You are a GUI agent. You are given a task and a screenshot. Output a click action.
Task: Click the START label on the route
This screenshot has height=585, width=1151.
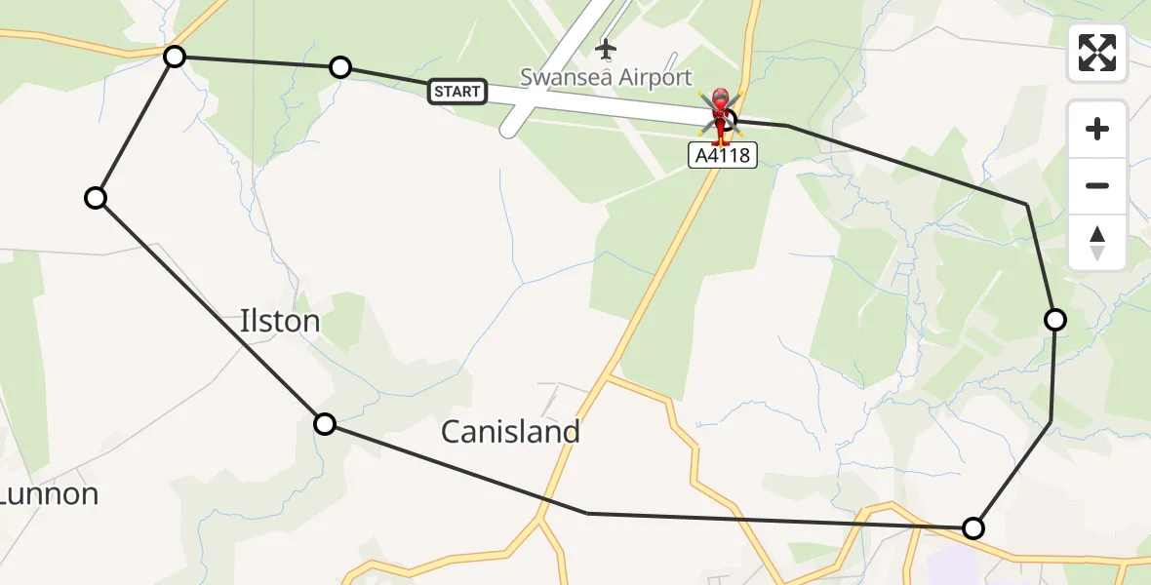(x=457, y=92)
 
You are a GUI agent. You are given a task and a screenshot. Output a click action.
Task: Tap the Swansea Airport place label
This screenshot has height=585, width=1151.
(x=606, y=77)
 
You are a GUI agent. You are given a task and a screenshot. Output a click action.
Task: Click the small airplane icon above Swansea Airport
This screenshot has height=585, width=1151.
(x=607, y=48)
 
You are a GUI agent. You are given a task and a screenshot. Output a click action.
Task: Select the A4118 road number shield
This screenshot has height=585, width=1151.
(x=723, y=154)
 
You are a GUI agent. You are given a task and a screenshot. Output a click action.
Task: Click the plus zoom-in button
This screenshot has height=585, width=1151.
(x=1097, y=129)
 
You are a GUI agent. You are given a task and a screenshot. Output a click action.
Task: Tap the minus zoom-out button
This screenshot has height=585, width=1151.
(x=1097, y=185)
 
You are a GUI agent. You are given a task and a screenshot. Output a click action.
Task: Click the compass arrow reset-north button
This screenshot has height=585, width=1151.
(x=1097, y=242)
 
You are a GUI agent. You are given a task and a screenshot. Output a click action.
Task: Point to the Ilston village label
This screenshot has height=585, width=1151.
(x=280, y=321)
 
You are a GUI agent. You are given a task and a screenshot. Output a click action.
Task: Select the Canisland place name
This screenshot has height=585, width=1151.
(x=510, y=431)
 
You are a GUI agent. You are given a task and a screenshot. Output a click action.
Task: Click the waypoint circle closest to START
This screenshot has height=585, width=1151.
(x=340, y=67)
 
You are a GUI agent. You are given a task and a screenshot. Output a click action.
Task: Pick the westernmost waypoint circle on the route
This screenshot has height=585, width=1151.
(x=96, y=198)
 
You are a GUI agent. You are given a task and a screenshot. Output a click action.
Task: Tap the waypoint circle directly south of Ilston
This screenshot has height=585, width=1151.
(x=325, y=423)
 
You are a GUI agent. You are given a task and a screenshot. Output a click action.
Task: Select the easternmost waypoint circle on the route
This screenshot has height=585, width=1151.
(x=1055, y=319)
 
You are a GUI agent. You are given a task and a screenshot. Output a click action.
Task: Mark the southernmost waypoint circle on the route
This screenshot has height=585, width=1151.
(x=972, y=528)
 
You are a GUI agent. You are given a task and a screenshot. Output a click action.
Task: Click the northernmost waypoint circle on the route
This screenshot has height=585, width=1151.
(x=175, y=57)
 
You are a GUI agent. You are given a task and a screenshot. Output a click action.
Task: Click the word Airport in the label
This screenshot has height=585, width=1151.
(x=647, y=77)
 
